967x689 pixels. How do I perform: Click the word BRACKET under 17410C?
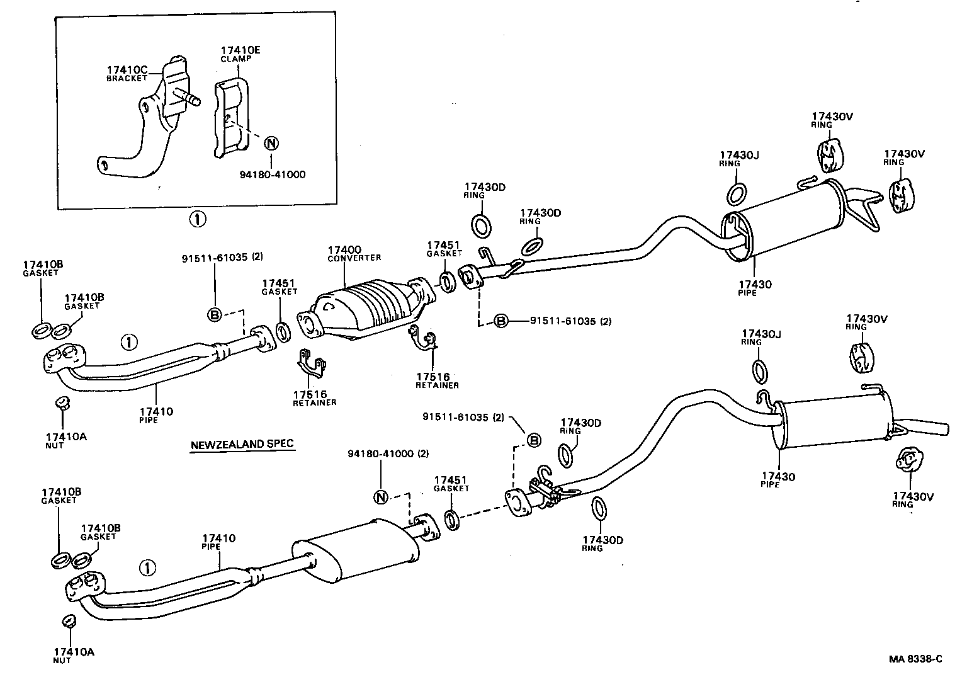pyautogui.click(x=126, y=78)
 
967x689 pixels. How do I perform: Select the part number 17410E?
pyautogui.click(x=237, y=50)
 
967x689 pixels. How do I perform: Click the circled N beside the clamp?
pyautogui.click(x=271, y=143)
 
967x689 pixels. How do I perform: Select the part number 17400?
pyautogui.click(x=344, y=250)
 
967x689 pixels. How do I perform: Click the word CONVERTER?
pyautogui.click(x=354, y=258)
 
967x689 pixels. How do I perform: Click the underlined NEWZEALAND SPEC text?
pyautogui.click(x=242, y=444)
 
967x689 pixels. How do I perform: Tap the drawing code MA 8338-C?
pyautogui.click(x=915, y=659)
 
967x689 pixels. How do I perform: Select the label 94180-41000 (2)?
pyautogui.click(x=388, y=453)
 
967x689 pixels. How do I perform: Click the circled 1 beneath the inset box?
pyautogui.click(x=197, y=219)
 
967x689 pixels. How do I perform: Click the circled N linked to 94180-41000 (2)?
pyautogui.click(x=380, y=497)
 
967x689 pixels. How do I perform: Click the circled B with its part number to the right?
pyautogui.click(x=500, y=321)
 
